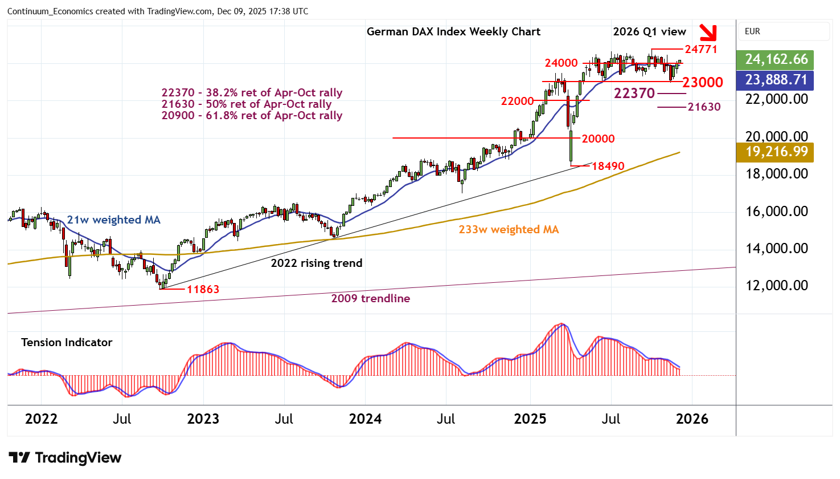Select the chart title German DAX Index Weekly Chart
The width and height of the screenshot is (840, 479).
click(453, 32)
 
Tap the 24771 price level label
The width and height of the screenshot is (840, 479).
click(701, 49)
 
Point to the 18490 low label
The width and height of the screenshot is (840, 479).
click(608, 166)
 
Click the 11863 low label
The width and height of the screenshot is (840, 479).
click(203, 289)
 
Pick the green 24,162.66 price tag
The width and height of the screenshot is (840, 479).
click(776, 59)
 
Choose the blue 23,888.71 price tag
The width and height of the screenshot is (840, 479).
click(776, 80)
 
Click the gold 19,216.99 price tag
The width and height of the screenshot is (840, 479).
click(776, 152)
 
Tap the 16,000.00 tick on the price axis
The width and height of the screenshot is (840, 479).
click(777, 211)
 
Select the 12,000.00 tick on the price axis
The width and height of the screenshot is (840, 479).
click(777, 285)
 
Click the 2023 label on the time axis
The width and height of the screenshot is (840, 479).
click(203, 419)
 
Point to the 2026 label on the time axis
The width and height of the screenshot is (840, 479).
click(692, 419)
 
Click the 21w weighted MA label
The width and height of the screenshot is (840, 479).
click(113, 220)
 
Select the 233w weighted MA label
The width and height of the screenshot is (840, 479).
click(509, 230)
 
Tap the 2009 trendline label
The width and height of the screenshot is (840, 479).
click(370, 298)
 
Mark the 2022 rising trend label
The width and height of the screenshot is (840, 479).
click(316, 263)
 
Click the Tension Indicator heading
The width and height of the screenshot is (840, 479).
click(67, 342)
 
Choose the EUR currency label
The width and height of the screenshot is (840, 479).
click(752, 31)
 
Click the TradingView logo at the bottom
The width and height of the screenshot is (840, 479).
click(65, 458)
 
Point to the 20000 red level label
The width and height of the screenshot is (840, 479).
click(598, 139)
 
